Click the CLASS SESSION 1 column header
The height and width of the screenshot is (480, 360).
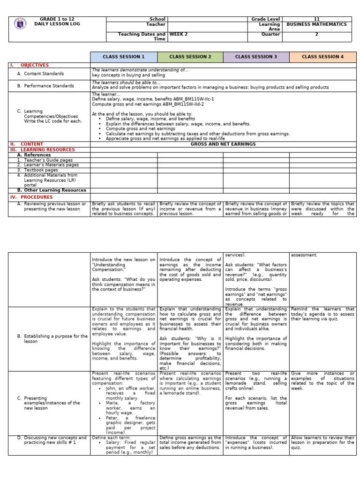124,57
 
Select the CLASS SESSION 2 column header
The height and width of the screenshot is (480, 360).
190,57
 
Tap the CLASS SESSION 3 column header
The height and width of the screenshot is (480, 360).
256,57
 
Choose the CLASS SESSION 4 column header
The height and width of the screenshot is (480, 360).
322,57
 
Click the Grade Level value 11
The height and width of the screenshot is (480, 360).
316,19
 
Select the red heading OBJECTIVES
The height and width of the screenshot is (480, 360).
35,65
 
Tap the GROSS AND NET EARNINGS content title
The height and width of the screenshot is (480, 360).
223,144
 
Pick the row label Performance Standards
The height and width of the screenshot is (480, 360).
49,86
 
